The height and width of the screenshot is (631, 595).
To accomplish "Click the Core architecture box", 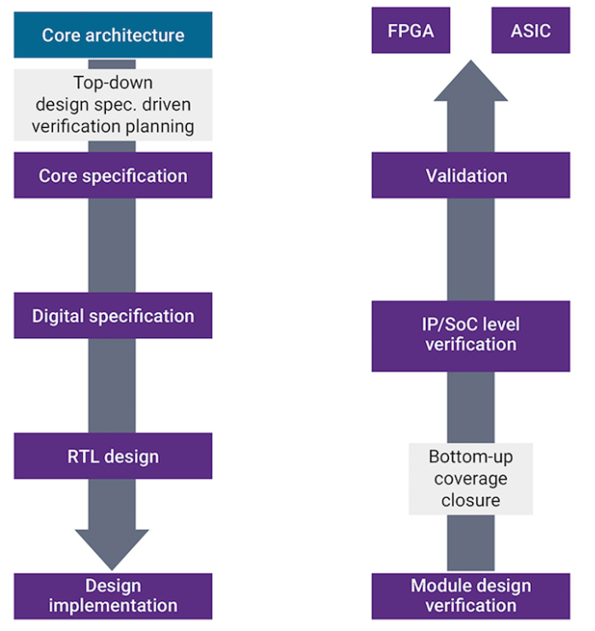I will coord(113,35).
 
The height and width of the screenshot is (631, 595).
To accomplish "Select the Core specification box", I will coord(113,176).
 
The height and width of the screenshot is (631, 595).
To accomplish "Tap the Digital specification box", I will coord(113,316).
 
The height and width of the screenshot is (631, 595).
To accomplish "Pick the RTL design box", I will coord(113,456).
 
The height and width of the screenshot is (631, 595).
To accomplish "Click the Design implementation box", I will coord(113,596).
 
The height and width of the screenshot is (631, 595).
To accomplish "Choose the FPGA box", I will coord(411,32).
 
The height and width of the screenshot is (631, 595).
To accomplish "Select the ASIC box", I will coord(530,32).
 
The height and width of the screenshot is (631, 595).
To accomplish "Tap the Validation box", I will coord(470,176).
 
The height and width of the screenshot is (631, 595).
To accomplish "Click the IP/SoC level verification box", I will coord(470,335).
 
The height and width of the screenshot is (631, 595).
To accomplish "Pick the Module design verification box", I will coord(470,596).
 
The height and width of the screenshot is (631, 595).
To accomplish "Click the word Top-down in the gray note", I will coord(113,84).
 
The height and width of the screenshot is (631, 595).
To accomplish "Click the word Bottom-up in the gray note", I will coord(470,457).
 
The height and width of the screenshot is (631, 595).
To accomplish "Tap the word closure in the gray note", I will coord(470,500).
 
